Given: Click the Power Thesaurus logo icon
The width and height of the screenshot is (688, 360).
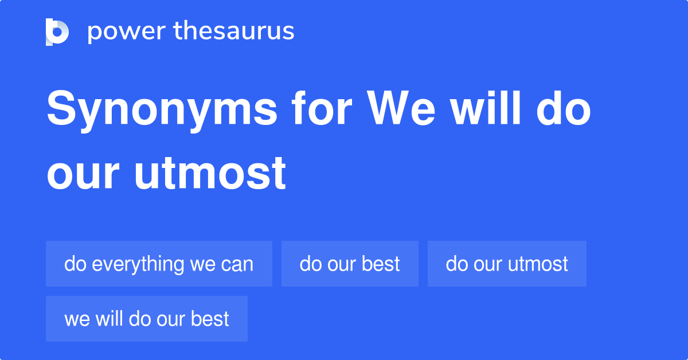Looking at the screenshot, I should pyautogui.click(x=57, y=32).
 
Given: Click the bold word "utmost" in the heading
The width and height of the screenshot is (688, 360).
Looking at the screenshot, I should pyautogui.click(x=210, y=173).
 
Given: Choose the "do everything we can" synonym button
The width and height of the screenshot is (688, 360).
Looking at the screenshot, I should pyautogui.click(x=159, y=264).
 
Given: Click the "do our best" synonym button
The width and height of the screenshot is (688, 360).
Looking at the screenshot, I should pyautogui.click(x=350, y=264).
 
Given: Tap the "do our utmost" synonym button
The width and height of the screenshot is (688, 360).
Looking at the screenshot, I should pyautogui.click(x=507, y=264).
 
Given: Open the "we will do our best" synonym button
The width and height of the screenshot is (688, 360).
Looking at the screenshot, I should pyautogui.click(x=147, y=319).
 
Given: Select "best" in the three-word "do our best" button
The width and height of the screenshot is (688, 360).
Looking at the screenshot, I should pyautogui.click(x=382, y=264).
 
